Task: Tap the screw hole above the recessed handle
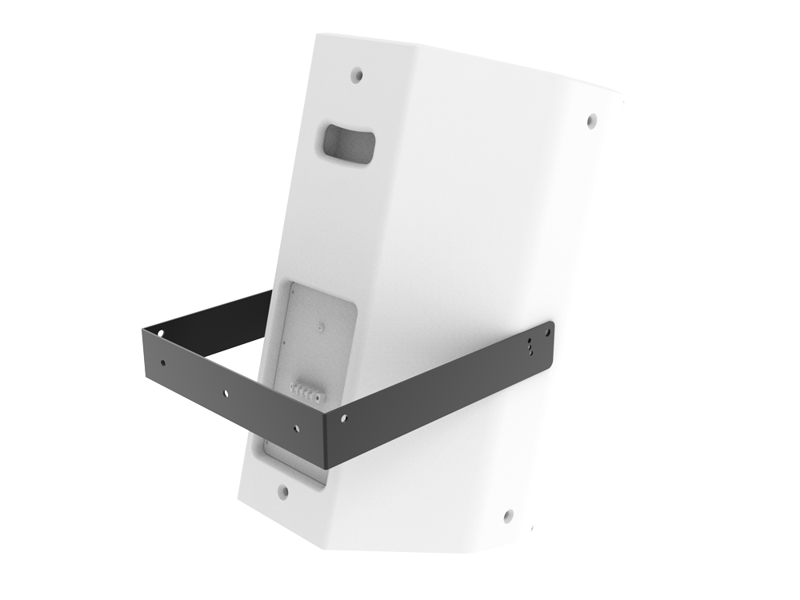358,76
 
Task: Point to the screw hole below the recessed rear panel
282,490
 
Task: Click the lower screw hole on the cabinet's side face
507,515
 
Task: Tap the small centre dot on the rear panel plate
319,327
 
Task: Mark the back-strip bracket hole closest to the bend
297,427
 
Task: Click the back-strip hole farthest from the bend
163,363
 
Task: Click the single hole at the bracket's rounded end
548,329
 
